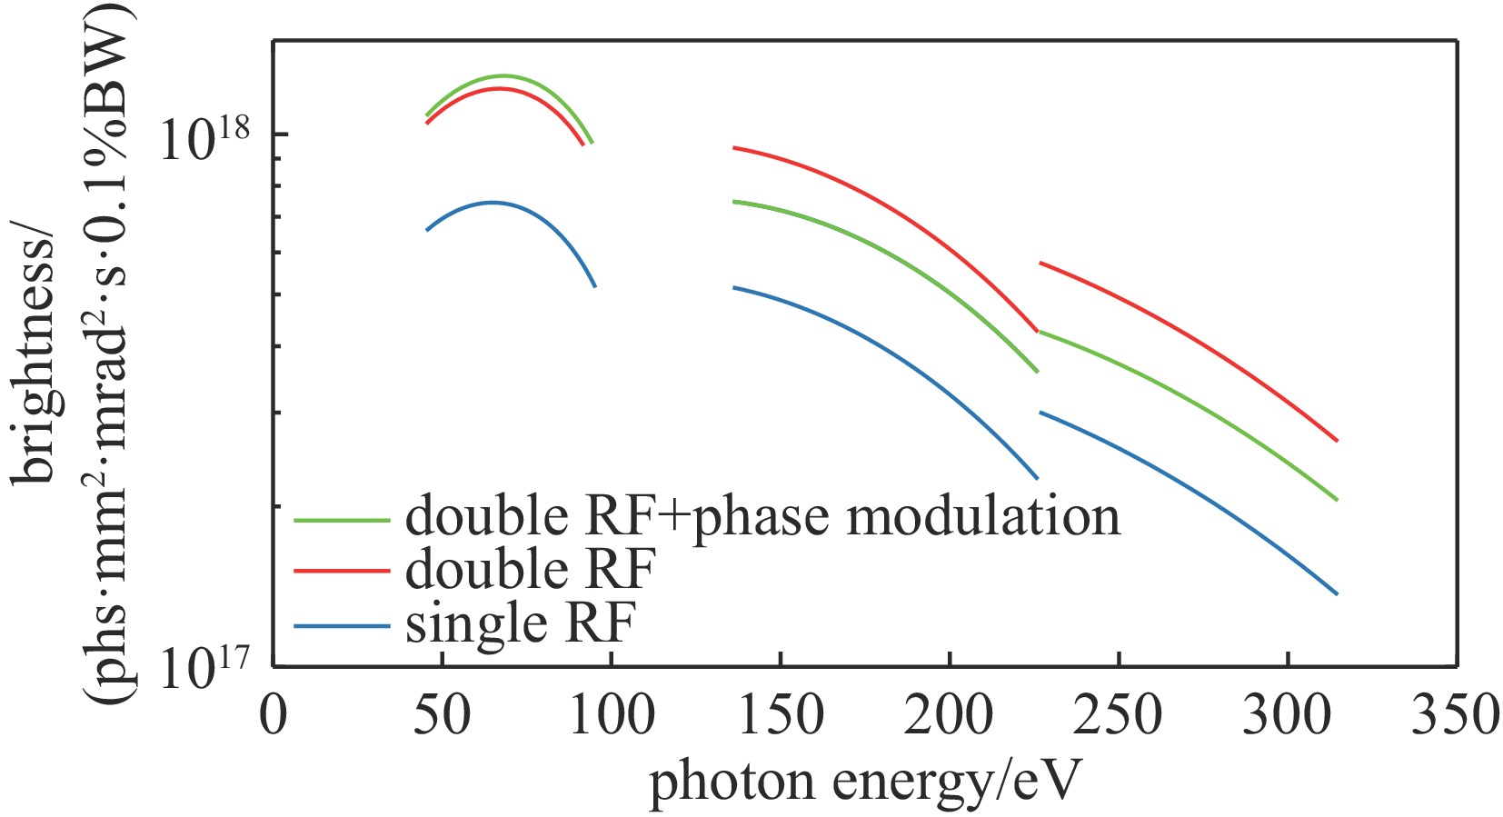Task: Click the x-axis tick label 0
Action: pyautogui.click(x=273, y=715)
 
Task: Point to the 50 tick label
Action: pyautogui.click(x=443, y=715)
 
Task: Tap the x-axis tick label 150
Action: pyautogui.click(x=781, y=715)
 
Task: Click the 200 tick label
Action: pyautogui.click(x=950, y=715)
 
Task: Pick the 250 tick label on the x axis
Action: pyautogui.click(x=1119, y=715)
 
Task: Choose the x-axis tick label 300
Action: pyautogui.click(x=1288, y=715)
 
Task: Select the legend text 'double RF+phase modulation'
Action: pyautogui.click(x=762, y=517)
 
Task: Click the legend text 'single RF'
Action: pyautogui.click(x=520, y=623)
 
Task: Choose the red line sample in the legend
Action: pyautogui.click(x=342, y=572)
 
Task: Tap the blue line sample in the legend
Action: pyautogui.click(x=342, y=625)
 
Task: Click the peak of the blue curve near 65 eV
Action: pyautogui.click(x=493, y=203)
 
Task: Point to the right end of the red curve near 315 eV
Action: pyautogui.click(x=1337, y=441)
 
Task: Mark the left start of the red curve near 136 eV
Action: pyautogui.click(x=734, y=147)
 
